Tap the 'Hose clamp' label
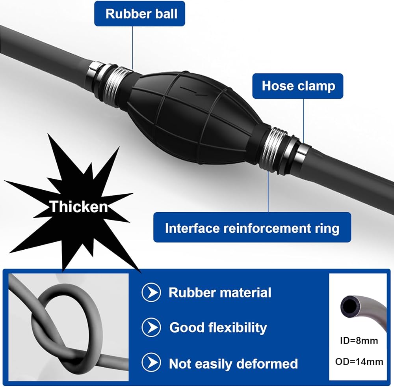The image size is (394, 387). pos(298,86)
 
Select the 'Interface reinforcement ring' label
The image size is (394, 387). pos(252,228)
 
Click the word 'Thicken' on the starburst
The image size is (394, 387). pos(78,206)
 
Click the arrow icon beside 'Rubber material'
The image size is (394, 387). pos(151,293)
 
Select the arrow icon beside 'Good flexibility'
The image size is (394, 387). pos(151,327)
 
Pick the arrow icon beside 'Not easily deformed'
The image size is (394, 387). pos(151,363)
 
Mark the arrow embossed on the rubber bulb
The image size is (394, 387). pos(193,91)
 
